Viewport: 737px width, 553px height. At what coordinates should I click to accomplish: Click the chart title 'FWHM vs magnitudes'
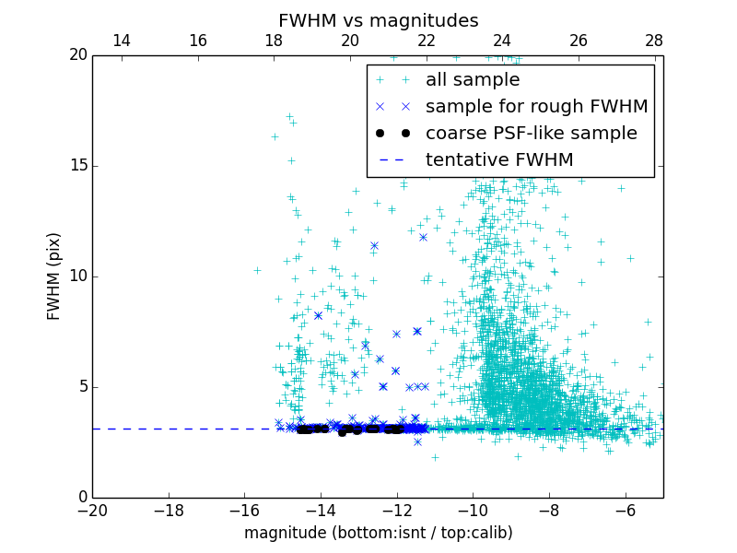[378, 20]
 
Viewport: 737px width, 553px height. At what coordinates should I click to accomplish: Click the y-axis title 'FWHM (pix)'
[54, 276]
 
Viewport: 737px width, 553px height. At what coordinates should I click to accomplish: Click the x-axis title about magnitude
[378, 533]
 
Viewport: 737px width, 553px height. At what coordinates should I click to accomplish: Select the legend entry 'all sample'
[473, 80]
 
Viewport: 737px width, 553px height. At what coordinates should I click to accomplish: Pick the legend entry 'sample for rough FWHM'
[536, 107]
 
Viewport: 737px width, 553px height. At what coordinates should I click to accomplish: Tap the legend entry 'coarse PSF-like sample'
[531, 134]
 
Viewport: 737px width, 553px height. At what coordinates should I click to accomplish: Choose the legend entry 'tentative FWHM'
[499, 160]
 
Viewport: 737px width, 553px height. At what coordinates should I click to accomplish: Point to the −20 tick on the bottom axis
[92, 510]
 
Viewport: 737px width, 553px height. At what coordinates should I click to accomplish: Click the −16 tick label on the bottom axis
[244, 510]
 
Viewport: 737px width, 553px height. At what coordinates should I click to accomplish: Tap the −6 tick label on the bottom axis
[625, 510]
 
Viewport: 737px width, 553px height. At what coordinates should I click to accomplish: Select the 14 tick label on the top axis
[121, 41]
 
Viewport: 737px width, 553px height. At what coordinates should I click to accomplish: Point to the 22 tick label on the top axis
[426, 41]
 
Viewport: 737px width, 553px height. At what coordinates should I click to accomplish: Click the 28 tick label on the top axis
[654, 41]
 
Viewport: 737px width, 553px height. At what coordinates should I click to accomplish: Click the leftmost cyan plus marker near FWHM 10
[257, 270]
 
